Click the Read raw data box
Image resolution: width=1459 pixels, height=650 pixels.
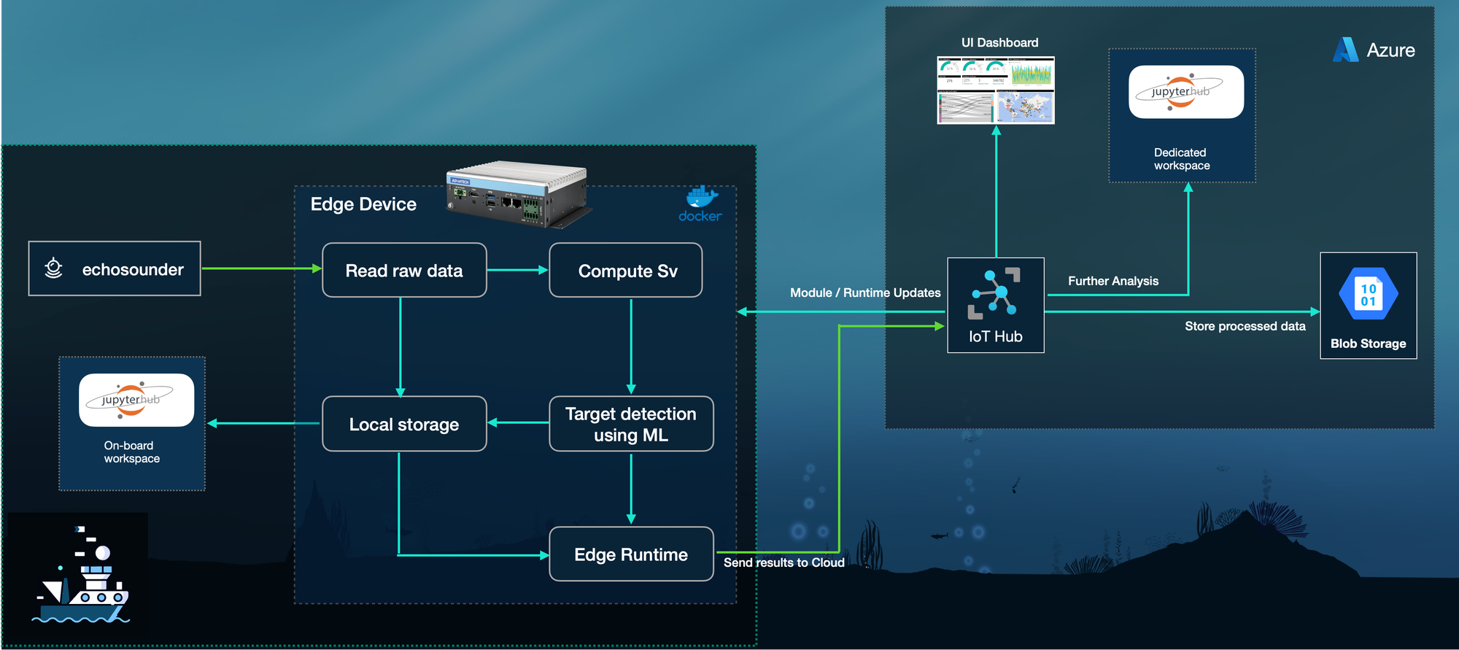point(404,271)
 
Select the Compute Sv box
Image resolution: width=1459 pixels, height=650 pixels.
point(626,271)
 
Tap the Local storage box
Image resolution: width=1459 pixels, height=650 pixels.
point(404,424)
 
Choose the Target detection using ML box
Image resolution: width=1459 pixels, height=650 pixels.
point(631,424)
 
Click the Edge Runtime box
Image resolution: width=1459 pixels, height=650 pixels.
point(631,554)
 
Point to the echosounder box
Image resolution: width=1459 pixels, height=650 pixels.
point(115,269)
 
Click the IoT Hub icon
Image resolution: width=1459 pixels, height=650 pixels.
point(994,293)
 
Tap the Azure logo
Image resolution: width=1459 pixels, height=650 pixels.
point(1346,50)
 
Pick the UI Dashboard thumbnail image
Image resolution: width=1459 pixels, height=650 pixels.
point(996,90)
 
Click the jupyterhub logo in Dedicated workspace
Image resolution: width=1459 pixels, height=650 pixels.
point(1186,92)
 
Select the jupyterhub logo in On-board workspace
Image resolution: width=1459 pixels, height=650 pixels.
point(136,400)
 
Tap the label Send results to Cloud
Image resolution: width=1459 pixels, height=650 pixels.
point(784,562)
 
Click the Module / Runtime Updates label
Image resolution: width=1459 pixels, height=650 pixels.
point(865,293)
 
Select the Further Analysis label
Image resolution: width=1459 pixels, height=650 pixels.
point(1113,281)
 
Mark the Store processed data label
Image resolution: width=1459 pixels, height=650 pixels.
point(1245,326)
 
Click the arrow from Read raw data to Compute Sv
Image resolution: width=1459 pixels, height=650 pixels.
point(517,270)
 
